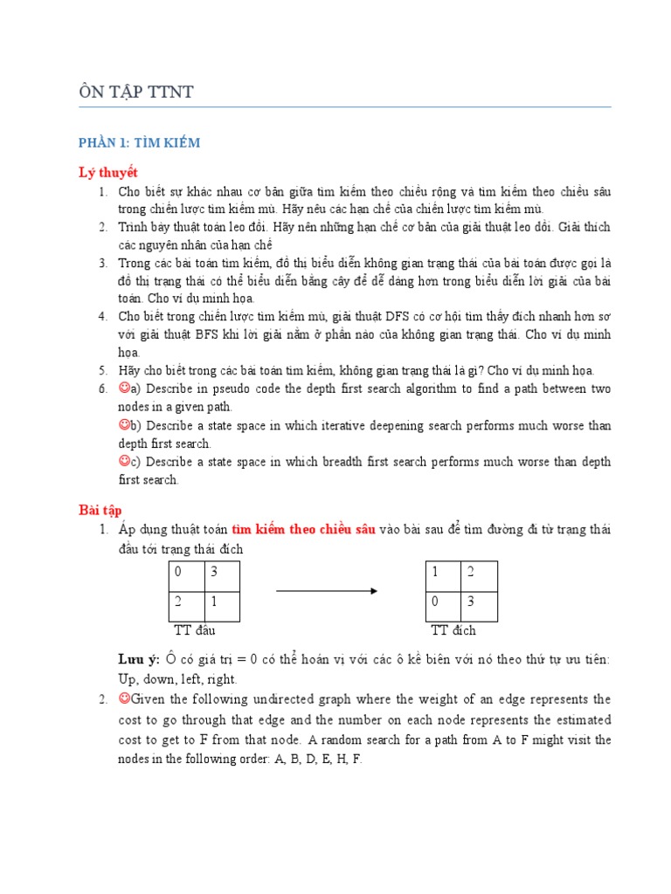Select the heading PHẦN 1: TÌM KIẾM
(x=140, y=142)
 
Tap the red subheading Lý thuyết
(x=108, y=172)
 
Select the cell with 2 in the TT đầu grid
(x=186, y=608)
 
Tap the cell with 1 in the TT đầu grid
(x=222, y=608)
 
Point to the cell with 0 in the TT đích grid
(x=443, y=608)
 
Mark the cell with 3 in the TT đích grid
(x=480, y=608)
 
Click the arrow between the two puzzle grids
(x=326, y=591)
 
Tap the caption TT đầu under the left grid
(x=194, y=630)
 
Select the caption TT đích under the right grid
(x=453, y=630)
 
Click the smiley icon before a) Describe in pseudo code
(x=124, y=388)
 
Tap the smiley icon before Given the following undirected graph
(x=124, y=699)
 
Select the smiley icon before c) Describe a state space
(x=124, y=460)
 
